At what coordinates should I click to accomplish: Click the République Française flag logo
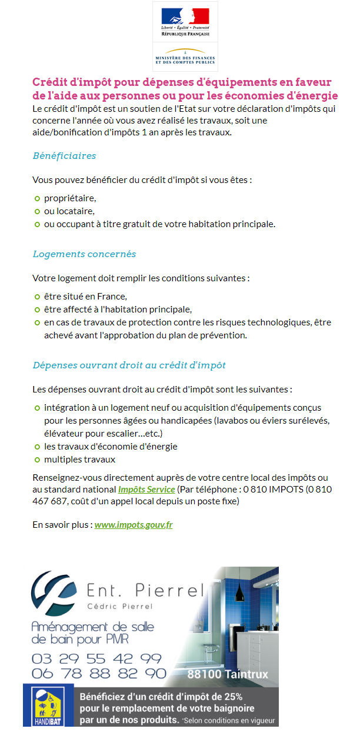pos(185,21)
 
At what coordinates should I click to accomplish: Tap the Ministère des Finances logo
pos(185,56)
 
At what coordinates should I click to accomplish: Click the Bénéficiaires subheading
pos(64,156)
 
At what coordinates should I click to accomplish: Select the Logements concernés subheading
pos(84,254)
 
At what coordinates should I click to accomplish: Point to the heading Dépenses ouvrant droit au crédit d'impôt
pos(129,365)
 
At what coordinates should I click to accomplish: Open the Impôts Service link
pos(146,490)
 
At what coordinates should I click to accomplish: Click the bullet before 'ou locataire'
pos(37,211)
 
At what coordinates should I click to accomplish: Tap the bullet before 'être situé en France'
pos(37,297)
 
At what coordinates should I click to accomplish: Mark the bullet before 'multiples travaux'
pos(37,460)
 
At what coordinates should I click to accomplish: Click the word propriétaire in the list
pos(70,198)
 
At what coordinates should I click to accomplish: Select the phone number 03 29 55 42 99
pos(96,658)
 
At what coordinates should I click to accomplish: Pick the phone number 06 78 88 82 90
pos(99,673)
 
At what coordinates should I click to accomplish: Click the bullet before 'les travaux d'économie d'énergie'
pos(37,447)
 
